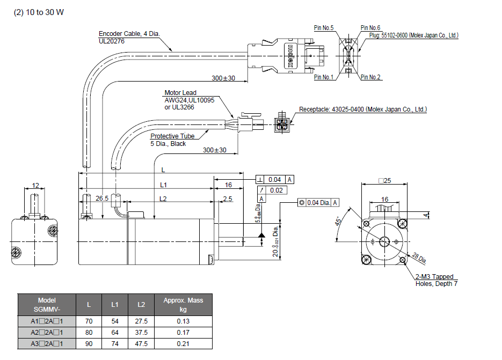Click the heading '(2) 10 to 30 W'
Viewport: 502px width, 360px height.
tap(38, 12)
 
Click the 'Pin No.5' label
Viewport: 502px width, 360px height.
tap(324, 28)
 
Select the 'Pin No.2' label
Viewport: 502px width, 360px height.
tap(371, 77)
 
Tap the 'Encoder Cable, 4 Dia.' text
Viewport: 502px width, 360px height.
tap(129, 34)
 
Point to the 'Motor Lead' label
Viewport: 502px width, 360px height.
tap(180, 93)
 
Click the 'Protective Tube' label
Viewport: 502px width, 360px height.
tap(172, 136)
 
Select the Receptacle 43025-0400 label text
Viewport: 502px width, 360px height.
tap(362, 109)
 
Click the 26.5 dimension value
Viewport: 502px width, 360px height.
tap(102, 199)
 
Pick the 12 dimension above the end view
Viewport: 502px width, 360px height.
tap(35, 186)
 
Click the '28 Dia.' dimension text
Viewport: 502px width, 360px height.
tap(419, 258)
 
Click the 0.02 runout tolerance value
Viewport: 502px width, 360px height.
tap(277, 190)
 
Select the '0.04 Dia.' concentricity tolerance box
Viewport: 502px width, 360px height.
tap(319, 202)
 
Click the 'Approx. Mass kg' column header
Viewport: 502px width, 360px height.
tap(183, 305)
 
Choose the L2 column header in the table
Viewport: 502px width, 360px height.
tap(141, 305)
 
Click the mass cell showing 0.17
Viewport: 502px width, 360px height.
tap(183, 332)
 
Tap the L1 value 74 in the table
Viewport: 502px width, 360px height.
tap(114, 343)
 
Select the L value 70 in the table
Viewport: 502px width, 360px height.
tap(89, 321)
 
